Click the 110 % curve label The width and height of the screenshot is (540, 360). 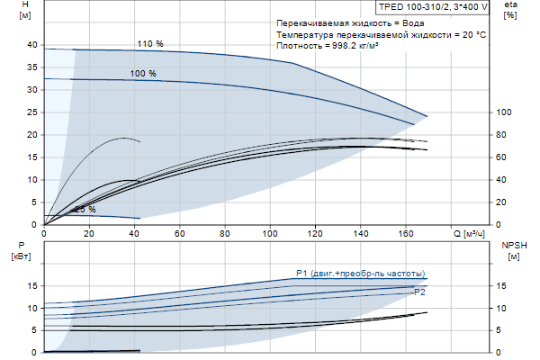coord(149,43)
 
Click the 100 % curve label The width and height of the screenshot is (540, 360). coord(142,74)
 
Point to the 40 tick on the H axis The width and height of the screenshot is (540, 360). coord(32,45)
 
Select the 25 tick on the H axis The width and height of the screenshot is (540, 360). coord(32,112)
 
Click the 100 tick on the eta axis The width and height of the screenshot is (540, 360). coord(504,112)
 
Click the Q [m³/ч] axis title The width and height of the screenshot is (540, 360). coord(469,234)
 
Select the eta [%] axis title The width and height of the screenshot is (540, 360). coord(510,10)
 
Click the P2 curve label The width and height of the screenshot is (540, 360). coord(418,293)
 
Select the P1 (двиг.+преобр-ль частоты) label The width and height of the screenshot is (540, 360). coord(361,274)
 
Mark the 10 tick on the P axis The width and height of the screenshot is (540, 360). coord(32,308)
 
